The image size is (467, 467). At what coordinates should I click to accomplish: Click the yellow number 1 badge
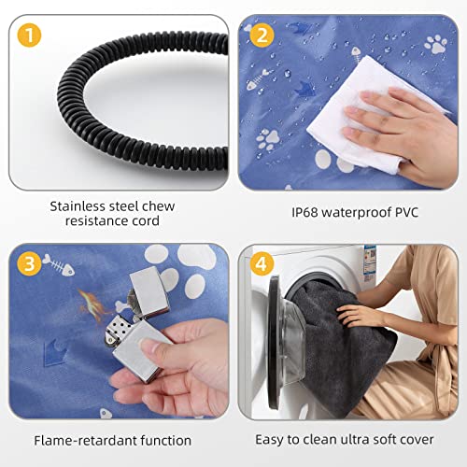pyautogui.click(x=29, y=35)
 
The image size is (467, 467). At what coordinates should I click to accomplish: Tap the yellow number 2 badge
pyautogui.click(x=262, y=35)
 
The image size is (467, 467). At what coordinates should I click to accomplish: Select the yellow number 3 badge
pyautogui.click(x=29, y=264)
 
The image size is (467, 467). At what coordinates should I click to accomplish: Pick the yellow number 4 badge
pyautogui.click(x=262, y=264)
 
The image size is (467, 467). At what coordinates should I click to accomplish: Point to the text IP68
pyautogui.click(x=304, y=212)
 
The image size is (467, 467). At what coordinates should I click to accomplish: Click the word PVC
pyautogui.click(x=406, y=212)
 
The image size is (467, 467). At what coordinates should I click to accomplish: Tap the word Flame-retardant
pyautogui.click(x=85, y=441)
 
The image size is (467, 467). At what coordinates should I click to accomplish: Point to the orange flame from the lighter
pyautogui.click(x=92, y=305)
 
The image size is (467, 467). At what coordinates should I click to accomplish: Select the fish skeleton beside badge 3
pyautogui.click(x=58, y=265)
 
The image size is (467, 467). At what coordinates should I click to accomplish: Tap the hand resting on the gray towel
pyautogui.click(x=358, y=315)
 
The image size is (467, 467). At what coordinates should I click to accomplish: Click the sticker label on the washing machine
pyautogui.click(x=369, y=263)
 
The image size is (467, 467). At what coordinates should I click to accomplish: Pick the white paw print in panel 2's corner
pyautogui.click(x=436, y=44)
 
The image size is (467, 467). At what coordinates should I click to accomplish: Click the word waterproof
pyautogui.click(x=356, y=213)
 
